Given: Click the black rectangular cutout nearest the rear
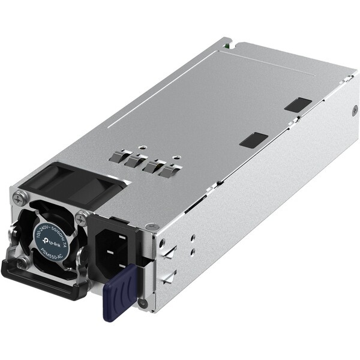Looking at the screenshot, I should (298, 104).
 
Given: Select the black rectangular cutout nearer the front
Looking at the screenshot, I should (253, 140).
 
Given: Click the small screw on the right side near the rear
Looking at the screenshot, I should (354, 110).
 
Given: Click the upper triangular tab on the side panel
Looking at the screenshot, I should (169, 253).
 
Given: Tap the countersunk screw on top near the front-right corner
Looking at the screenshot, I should (151, 226).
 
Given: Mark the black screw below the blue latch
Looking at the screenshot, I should (142, 302).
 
